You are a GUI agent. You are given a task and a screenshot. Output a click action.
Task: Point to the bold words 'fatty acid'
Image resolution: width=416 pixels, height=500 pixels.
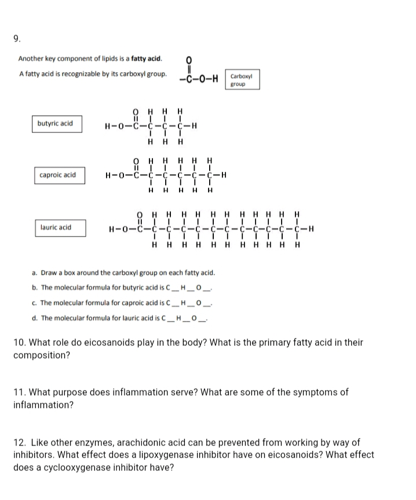(147, 58)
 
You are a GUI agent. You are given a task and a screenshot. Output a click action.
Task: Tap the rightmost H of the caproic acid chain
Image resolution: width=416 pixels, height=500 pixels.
(223, 175)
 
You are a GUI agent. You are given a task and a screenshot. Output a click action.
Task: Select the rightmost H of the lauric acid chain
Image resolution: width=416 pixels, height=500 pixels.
(312, 227)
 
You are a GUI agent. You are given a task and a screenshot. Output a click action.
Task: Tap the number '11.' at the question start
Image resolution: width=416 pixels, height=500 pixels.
(20, 392)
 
